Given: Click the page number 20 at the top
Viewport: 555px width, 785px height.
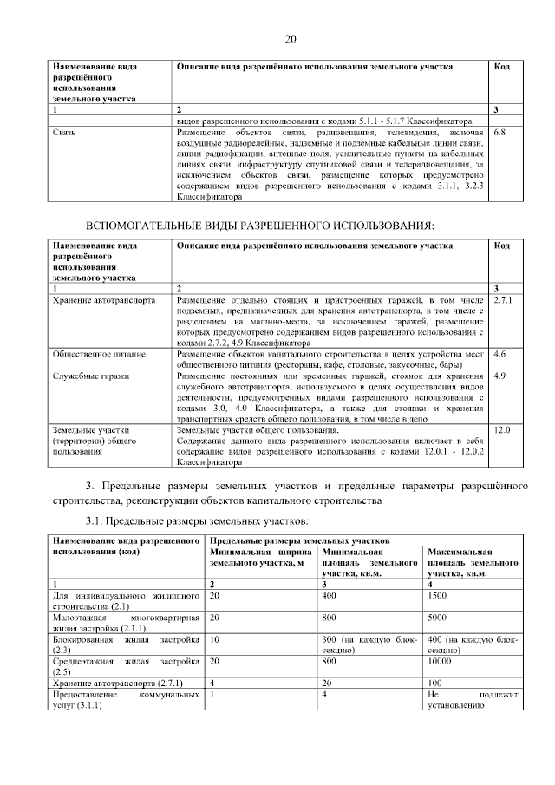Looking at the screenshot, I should click(x=291, y=39).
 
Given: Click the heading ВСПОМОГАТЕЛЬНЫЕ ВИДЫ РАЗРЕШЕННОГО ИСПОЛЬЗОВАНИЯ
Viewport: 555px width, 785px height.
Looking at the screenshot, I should click(x=258, y=226).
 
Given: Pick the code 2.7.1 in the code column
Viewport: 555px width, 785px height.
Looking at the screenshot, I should click(x=502, y=299).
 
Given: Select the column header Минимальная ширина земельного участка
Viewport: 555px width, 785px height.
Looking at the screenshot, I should click(x=261, y=558).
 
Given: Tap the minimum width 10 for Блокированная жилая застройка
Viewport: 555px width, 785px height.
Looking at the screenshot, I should click(x=214, y=639).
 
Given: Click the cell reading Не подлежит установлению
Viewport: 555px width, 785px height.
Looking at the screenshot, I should click(x=473, y=701).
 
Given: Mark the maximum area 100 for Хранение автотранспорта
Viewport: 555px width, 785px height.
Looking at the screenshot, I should click(x=436, y=684).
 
